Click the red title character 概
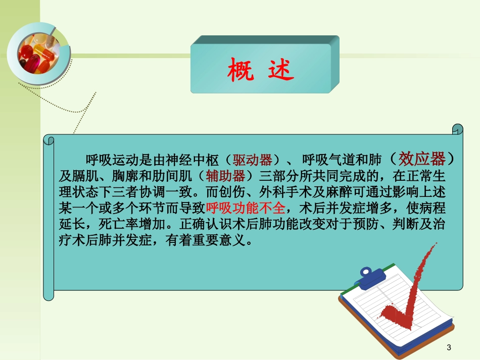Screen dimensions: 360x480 point(240,71)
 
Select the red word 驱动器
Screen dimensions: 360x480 point(253,161)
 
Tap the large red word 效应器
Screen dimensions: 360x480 point(422,159)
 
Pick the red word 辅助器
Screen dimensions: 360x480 point(226,176)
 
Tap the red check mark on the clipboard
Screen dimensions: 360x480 point(404,293)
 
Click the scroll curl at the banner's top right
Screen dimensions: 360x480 point(457,130)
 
